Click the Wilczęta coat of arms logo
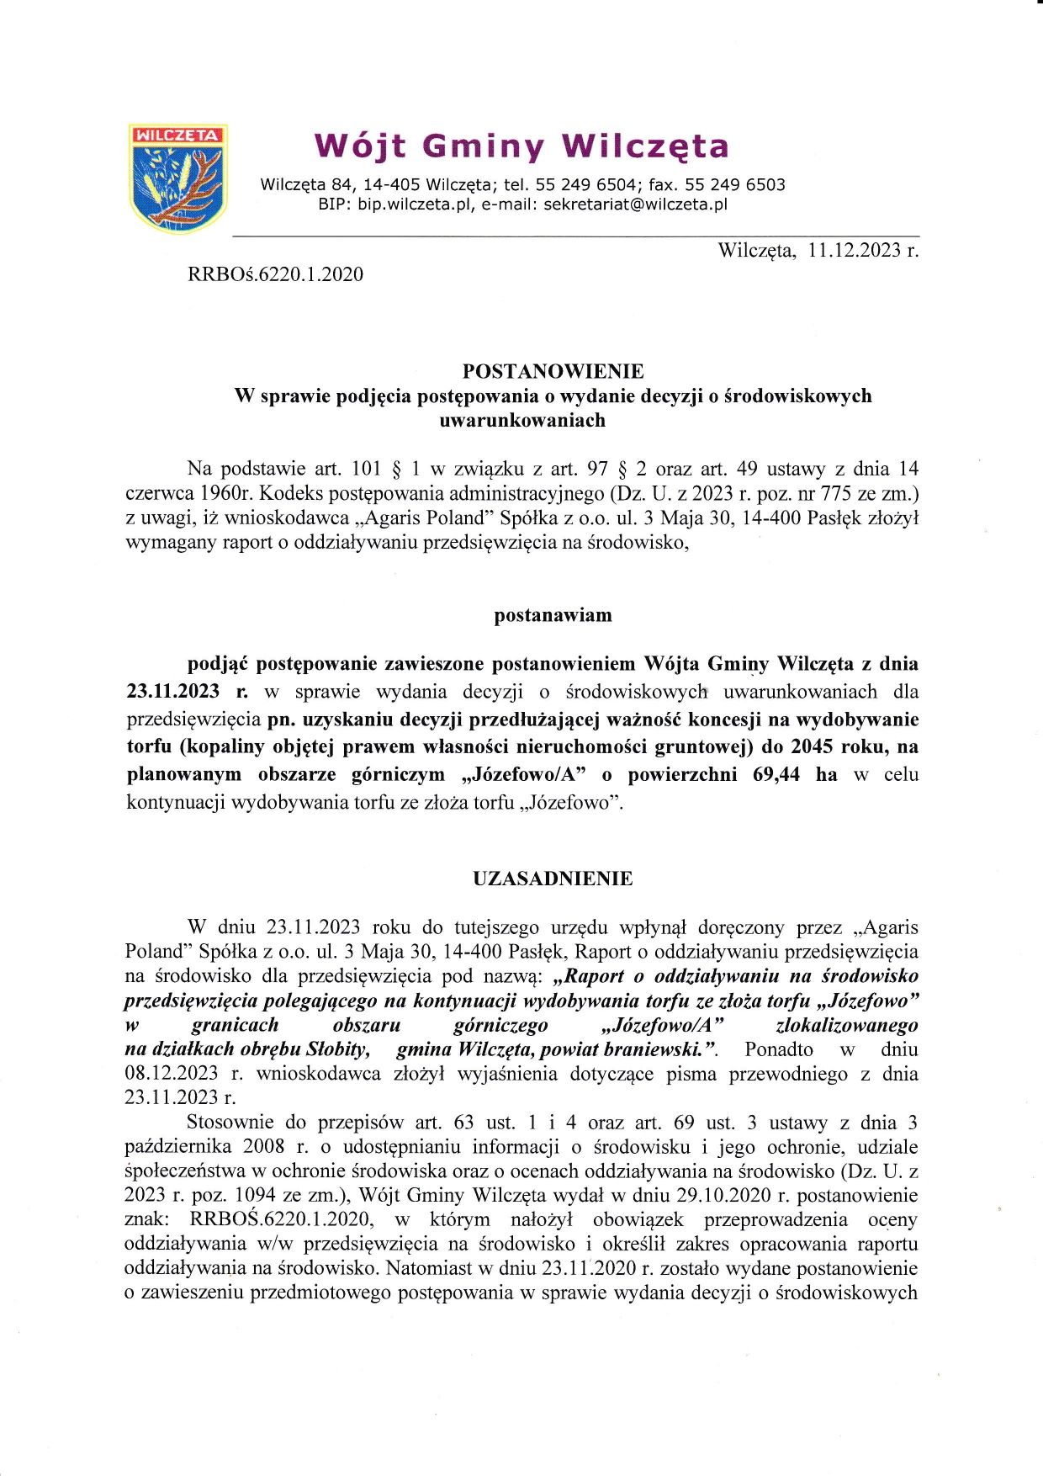coord(177,178)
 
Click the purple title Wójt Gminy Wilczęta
coord(521,146)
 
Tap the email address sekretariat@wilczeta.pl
coord(635,204)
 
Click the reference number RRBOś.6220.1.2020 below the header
coord(276,273)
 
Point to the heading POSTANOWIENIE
coord(553,371)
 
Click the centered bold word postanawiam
coord(553,615)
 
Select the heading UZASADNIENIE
coord(553,879)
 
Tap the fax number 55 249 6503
coord(735,184)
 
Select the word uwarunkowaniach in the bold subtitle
coord(522,420)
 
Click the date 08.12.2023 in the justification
coord(171,1074)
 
